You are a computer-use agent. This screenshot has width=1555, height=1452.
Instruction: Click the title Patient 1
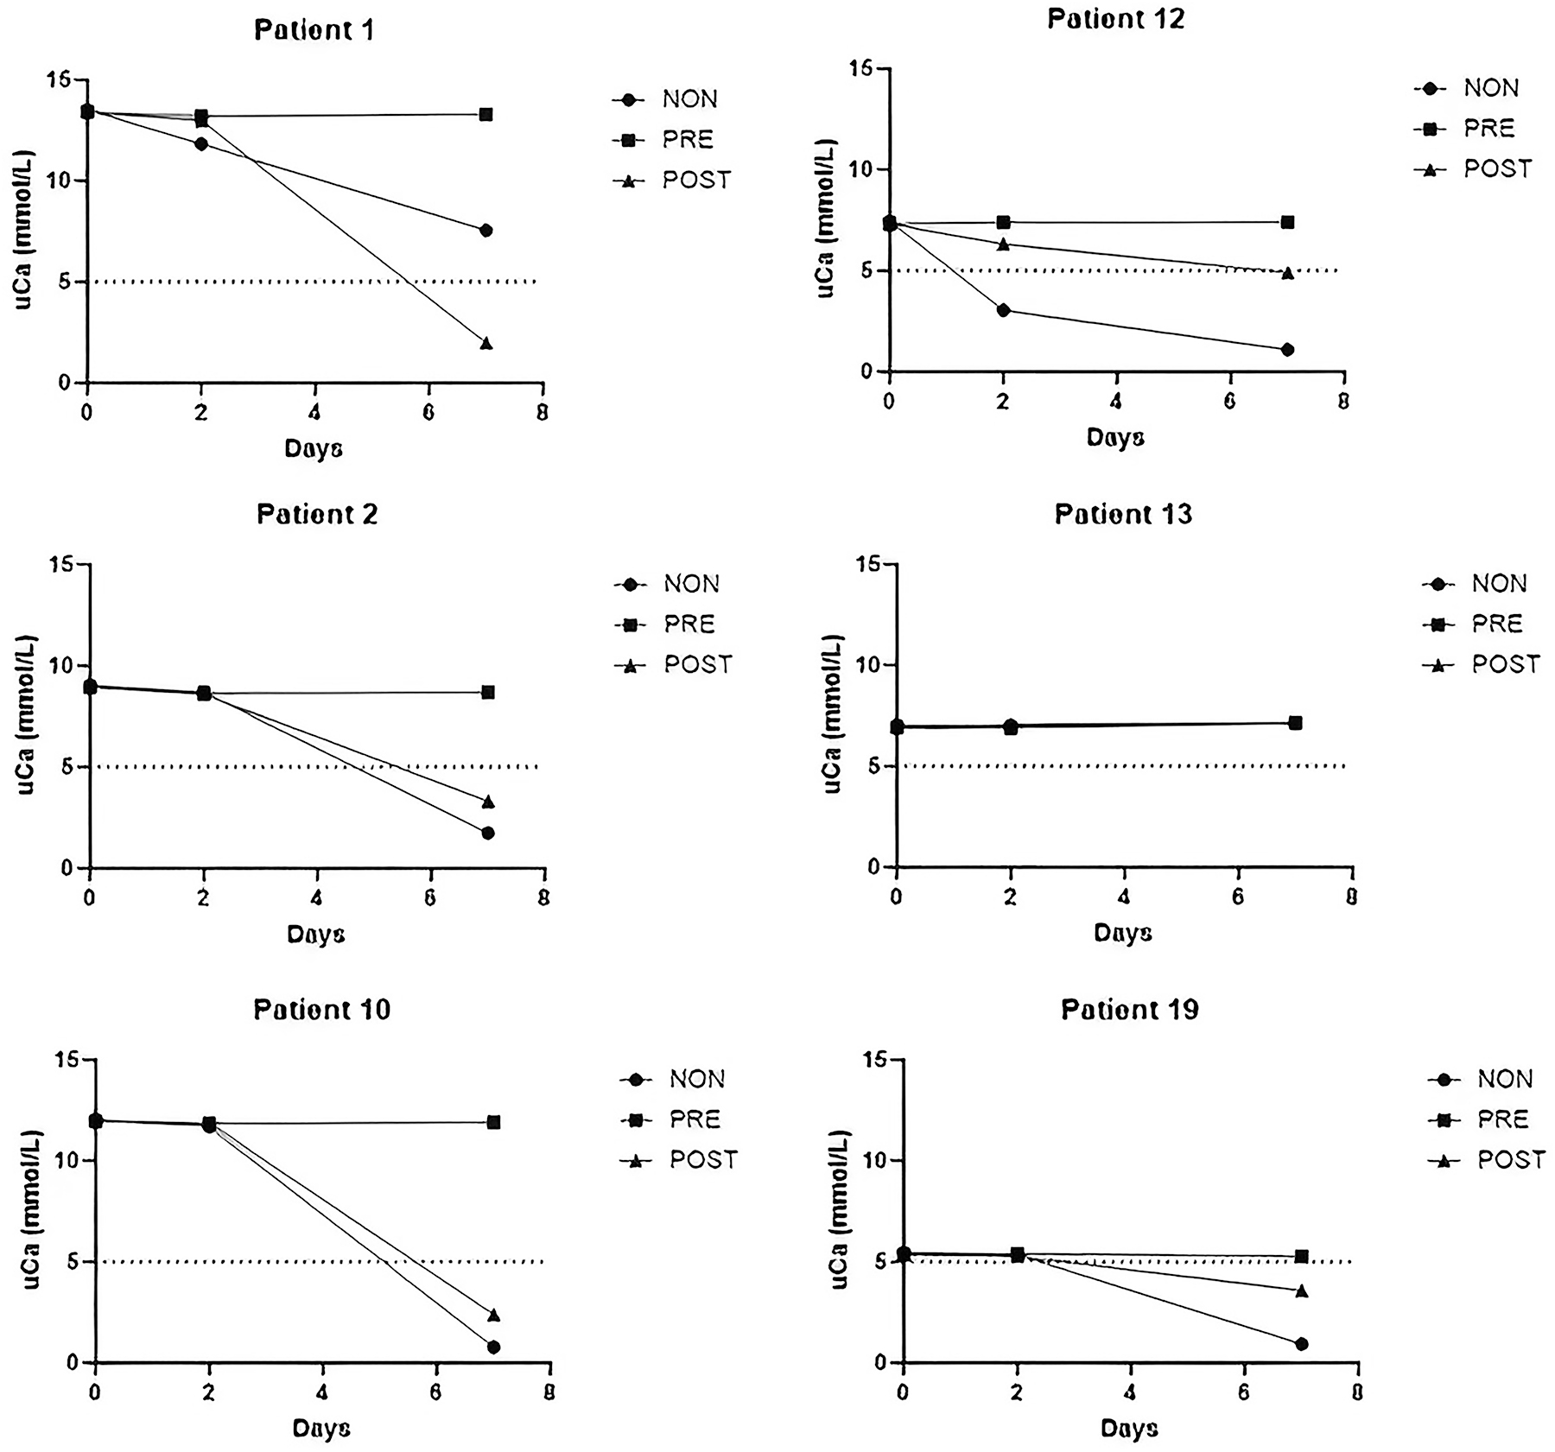point(314,30)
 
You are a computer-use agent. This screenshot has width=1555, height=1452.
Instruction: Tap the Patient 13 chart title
point(1123,515)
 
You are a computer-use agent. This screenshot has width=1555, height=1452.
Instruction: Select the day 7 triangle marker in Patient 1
point(486,344)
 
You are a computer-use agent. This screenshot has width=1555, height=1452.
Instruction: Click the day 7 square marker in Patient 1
point(486,114)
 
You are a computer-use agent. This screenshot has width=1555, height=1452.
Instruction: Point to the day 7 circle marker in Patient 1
point(486,231)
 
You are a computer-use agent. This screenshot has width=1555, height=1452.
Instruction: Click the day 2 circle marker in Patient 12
point(1003,310)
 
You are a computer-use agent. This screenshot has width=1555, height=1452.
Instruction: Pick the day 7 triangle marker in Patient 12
point(1287,273)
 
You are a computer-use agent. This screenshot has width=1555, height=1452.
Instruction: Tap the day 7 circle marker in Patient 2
point(488,833)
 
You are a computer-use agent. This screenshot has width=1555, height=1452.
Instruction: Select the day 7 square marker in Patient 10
point(493,1122)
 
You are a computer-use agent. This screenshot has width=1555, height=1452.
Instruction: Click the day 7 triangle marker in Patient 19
point(1301,1290)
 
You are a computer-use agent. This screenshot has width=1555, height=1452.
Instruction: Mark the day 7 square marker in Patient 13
point(1295,723)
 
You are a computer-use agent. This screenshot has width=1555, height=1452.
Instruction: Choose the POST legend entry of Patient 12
point(1497,169)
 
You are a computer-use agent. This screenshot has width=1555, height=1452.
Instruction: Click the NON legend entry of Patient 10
point(696,1079)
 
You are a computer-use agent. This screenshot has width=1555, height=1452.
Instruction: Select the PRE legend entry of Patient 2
point(689,624)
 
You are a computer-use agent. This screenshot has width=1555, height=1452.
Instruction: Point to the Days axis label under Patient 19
point(1129,1428)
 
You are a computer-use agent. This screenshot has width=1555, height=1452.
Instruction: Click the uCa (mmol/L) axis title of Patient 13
point(832,713)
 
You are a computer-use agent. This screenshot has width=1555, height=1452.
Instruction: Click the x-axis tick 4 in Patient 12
point(1116,402)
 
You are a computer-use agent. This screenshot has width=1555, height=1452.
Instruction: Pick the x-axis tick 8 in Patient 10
point(549,1392)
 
